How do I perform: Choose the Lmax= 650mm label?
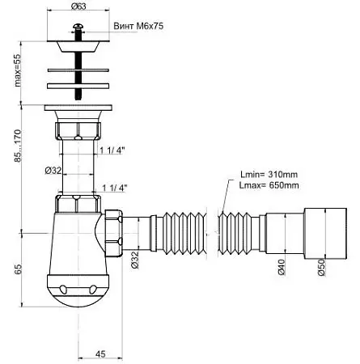(x=269, y=185)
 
